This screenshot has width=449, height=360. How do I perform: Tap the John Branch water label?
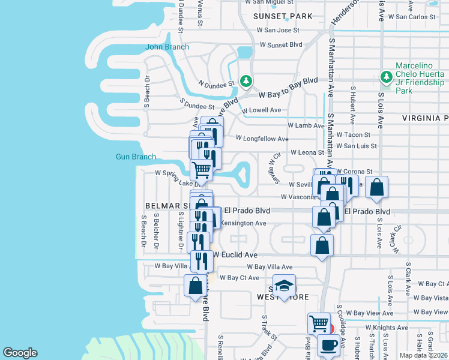[167, 47]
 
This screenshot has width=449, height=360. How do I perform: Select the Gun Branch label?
[136, 157]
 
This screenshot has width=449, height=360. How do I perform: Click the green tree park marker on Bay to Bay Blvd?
[246, 80]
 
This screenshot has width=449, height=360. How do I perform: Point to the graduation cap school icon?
[285, 285]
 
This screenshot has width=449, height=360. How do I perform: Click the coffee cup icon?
[328, 345]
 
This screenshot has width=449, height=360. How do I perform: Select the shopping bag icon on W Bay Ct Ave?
[196, 285]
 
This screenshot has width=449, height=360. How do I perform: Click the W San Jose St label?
[278, 30]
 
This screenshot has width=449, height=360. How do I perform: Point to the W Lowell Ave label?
[261, 110]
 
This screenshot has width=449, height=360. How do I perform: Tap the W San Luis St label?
[357, 146]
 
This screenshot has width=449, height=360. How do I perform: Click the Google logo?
[20, 353]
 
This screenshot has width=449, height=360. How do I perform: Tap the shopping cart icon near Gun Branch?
[201, 170]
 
